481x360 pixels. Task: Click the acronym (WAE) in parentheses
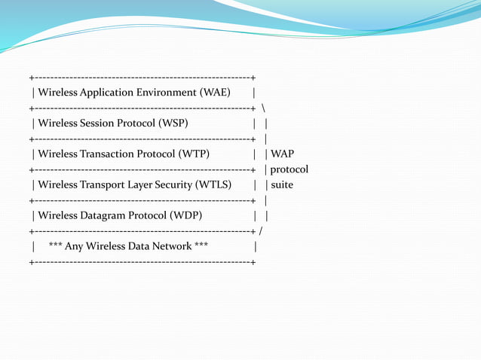(x=215, y=93)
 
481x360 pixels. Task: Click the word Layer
(x=150, y=185)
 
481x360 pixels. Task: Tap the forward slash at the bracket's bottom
(x=260, y=230)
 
